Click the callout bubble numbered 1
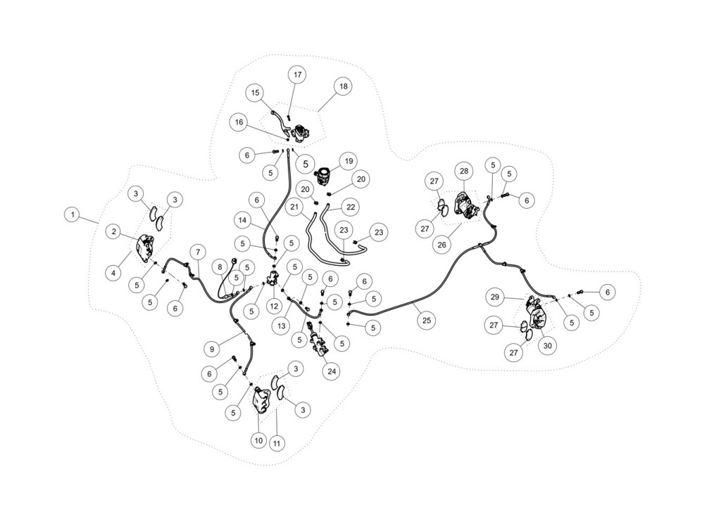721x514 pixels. [73, 214]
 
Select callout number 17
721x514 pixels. [298, 75]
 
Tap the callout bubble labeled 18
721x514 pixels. [344, 86]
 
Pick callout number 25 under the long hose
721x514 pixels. [426, 320]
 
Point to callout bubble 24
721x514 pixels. [332, 371]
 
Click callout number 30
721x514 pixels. [547, 345]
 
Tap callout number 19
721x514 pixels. [349, 161]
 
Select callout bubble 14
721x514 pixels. [243, 221]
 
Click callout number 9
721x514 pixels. [212, 349]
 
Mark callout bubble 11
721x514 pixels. [276, 444]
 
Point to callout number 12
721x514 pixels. [275, 305]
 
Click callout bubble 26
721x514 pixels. [441, 245]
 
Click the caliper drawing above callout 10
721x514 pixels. [262, 400]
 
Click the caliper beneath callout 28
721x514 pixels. [466, 206]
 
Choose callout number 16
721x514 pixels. [239, 122]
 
